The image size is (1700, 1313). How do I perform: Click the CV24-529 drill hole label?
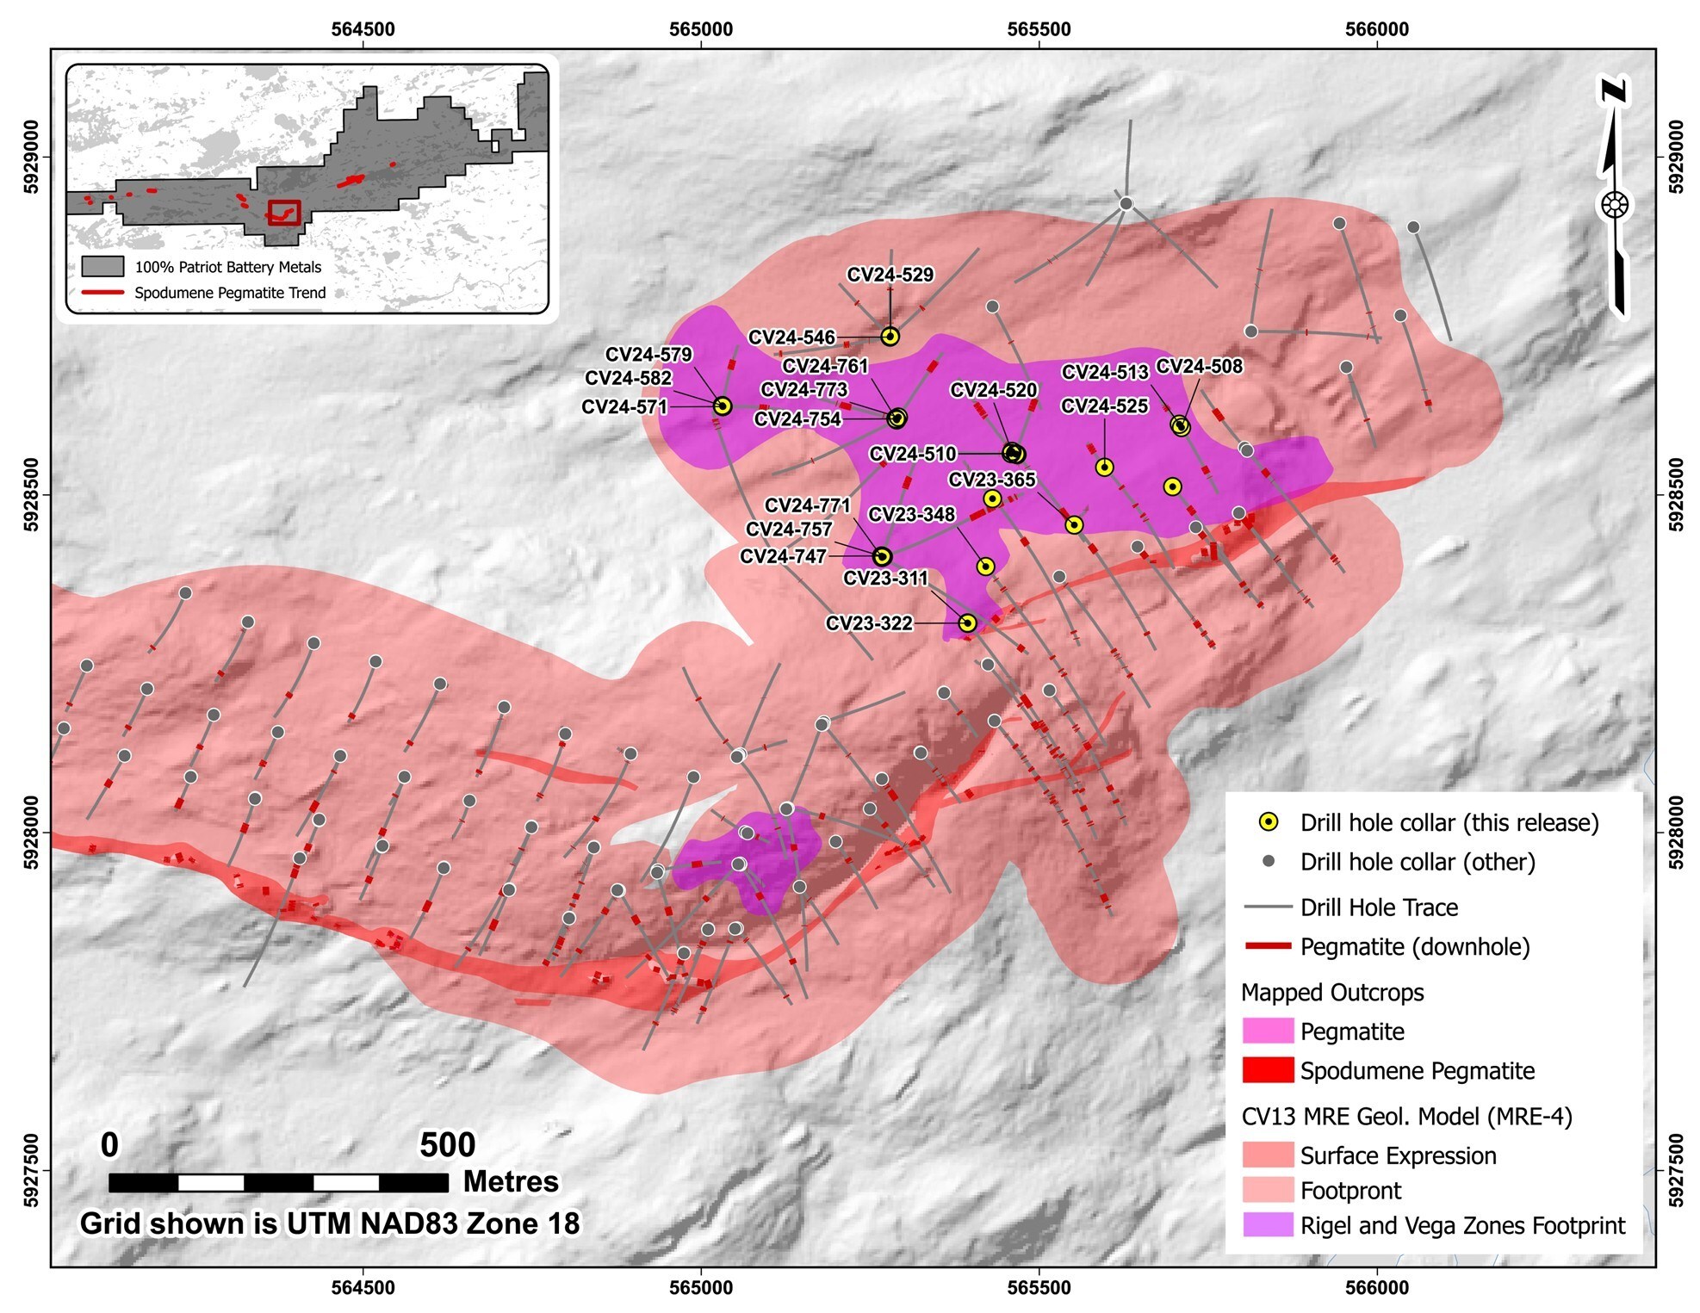[x=890, y=275]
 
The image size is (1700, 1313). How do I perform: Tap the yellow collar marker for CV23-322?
[x=967, y=622]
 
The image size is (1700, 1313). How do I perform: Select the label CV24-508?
[x=1199, y=366]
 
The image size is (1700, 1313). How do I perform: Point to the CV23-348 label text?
[x=911, y=514]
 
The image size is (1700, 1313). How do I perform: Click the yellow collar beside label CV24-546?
[x=890, y=337]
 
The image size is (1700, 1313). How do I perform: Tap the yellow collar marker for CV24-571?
[x=723, y=406]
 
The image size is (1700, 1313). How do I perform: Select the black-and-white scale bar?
[x=278, y=1182]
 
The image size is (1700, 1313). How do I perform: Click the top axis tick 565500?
[x=1039, y=29]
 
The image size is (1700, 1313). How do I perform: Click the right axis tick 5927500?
[x=1676, y=1170]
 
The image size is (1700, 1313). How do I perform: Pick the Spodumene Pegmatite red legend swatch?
[x=1267, y=1070]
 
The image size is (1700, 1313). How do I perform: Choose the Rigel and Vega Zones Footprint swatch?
[x=1267, y=1225]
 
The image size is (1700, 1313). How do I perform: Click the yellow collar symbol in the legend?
[x=1268, y=822]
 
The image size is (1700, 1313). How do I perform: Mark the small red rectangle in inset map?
[x=283, y=212]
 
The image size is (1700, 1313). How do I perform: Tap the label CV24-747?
[x=783, y=556]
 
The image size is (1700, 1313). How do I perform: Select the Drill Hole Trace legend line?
[x=1268, y=907]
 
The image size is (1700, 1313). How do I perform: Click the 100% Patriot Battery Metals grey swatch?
[x=102, y=266]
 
